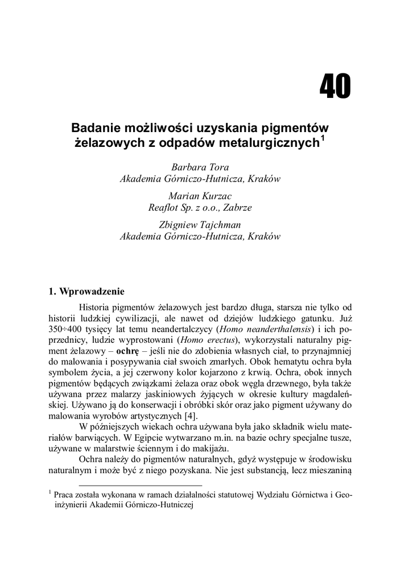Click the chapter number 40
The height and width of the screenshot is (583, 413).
[x=335, y=87]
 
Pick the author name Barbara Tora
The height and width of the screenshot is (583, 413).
[x=200, y=167]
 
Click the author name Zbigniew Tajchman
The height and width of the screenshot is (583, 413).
[x=200, y=225]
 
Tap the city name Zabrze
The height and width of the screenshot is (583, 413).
[x=236, y=208]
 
